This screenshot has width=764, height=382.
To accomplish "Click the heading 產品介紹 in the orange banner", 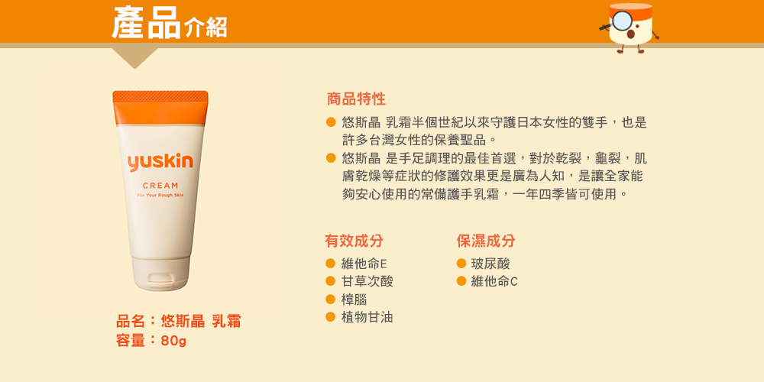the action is pos(169,22).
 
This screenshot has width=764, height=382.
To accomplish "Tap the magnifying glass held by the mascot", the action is pos(618,21).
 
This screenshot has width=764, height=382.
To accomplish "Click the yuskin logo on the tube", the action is pos(160,162).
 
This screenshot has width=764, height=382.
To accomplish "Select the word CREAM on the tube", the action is pos(160,186).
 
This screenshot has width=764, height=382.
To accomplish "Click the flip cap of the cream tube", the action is pos(160,274).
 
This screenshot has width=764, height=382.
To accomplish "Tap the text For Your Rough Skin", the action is pos(160,196).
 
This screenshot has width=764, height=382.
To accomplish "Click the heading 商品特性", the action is pos(356,99).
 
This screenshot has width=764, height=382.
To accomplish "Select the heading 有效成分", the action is pos(354,241).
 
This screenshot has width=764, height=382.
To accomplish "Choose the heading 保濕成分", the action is pos(486,241).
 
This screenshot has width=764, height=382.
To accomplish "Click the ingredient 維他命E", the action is pos(364,264).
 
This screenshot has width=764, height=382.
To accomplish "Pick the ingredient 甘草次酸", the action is pos(367,281).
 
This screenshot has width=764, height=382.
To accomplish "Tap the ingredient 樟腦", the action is pos(354,299).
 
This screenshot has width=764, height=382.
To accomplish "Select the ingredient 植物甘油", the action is pos(367,318).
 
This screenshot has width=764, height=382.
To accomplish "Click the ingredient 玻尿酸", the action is pos(490,264).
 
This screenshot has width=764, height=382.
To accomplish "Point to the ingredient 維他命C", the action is pos(494,281).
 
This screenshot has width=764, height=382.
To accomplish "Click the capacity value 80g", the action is pos(173,341).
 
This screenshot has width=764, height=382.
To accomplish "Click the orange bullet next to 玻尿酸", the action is pos(462,264).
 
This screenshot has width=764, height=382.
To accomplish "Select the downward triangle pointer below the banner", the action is pos(135,57).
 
